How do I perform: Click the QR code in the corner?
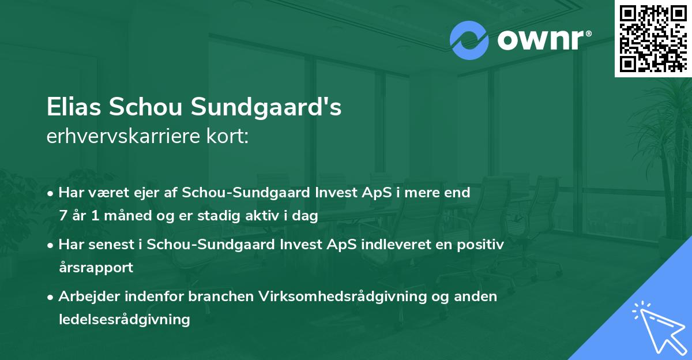pyautogui.click(x=653, y=38)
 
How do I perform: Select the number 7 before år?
pyautogui.click(x=62, y=215)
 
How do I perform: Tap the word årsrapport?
pyautogui.click(x=96, y=267)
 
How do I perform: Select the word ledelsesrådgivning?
pyautogui.click(x=124, y=319)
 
